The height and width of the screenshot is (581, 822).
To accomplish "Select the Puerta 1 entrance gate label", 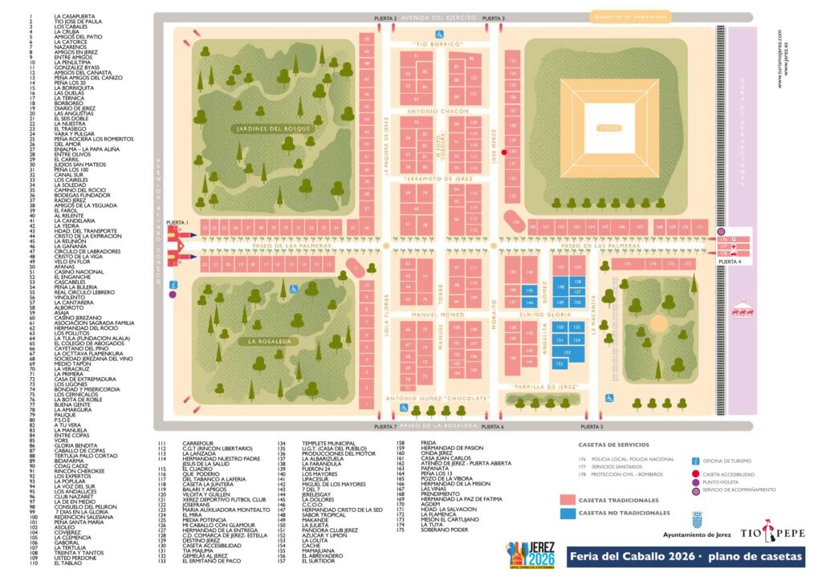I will (x=177, y=222).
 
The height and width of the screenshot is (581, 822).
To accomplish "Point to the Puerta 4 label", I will (x=729, y=262).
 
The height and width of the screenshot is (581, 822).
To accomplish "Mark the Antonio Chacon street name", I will (x=437, y=111).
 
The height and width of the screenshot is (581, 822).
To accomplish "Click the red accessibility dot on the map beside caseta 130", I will (x=504, y=152).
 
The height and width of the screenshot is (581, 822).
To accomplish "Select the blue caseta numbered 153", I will (x=567, y=351).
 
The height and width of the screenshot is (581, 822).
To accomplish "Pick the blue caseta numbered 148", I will (x=561, y=286).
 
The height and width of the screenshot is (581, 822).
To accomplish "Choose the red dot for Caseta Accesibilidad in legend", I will (x=695, y=474).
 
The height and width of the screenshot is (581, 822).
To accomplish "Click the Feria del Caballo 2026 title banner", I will (x=687, y=558).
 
